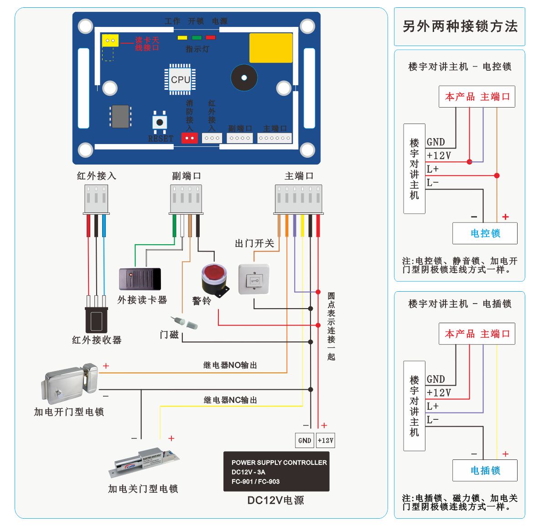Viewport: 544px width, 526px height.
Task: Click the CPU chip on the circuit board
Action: click(180, 79)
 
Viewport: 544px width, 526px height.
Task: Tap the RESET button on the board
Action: click(160, 122)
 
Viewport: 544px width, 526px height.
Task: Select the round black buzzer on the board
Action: click(244, 78)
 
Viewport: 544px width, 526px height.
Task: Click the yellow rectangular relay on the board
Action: click(271, 48)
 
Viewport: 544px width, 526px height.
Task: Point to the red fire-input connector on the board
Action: click(190, 138)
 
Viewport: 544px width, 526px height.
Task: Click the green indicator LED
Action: click(197, 38)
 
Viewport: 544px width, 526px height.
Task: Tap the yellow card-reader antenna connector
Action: click(110, 41)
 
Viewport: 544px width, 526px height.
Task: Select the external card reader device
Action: click(140, 279)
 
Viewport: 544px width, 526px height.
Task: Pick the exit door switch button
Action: click(254, 280)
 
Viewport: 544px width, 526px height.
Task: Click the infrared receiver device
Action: click(96, 319)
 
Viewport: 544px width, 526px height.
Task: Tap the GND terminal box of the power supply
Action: click(304, 440)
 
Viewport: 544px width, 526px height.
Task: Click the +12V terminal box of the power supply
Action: click(326, 440)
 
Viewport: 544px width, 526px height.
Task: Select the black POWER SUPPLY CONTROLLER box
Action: click(276, 471)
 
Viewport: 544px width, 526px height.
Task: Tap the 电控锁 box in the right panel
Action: click(485, 233)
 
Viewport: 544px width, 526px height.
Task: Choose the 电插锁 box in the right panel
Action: click(485, 470)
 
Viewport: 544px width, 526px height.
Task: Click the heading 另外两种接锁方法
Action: click(460, 26)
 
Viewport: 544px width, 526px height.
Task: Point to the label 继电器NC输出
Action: click(230, 400)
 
